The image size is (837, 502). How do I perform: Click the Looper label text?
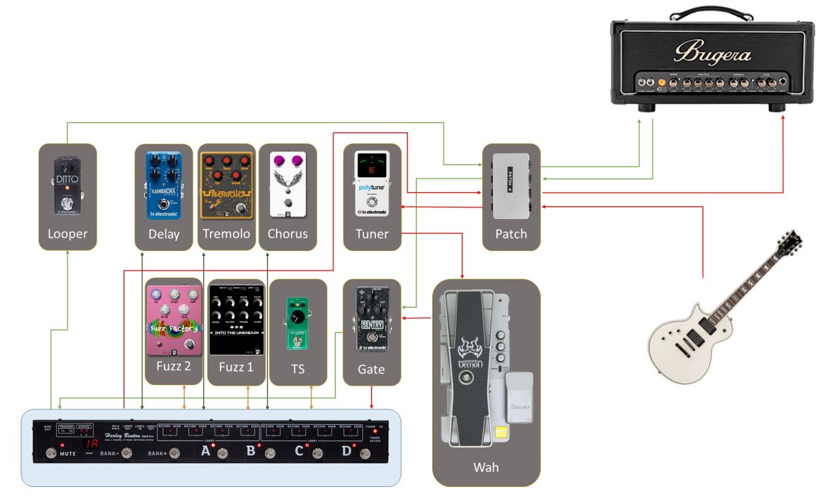(x=67, y=233)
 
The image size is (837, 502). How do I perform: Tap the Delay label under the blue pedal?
(x=163, y=233)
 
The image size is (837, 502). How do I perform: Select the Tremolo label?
(x=226, y=233)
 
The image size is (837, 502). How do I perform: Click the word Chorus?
(x=288, y=233)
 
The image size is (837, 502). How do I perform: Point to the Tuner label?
(x=372, y=233)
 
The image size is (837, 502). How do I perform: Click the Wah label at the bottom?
(x=487, y=467)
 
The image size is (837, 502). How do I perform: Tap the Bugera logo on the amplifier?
(x=712, y=52)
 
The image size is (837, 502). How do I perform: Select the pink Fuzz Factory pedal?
(x=173, y=320)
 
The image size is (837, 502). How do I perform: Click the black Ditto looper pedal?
(x=67, y=186)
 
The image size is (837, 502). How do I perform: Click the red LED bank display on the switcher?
(x=94, y=443)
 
